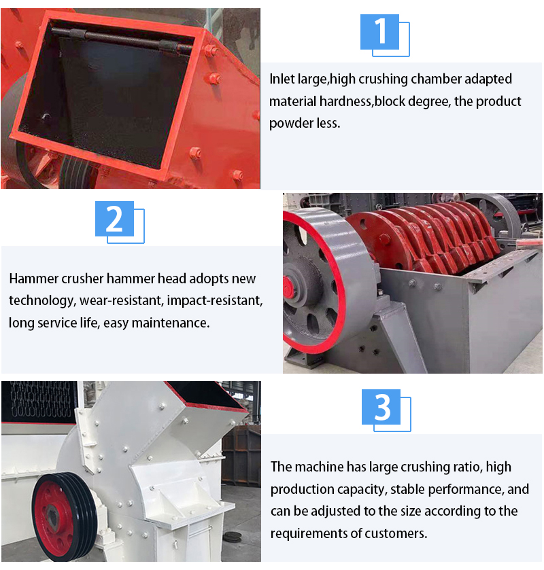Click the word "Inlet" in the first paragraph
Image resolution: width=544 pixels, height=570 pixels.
(x=282, y=79)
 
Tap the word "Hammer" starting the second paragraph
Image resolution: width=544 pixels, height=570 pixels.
(x=33, y=279)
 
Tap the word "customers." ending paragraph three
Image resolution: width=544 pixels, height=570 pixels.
(x=396, y=533)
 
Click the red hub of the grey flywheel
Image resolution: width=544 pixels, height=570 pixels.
(x=288, y=286)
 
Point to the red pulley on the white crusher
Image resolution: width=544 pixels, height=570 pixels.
(x=54, y=516)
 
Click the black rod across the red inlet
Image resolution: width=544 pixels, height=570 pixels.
(x=122, y=39)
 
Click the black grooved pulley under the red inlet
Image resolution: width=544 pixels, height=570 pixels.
(x=75, y=171)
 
